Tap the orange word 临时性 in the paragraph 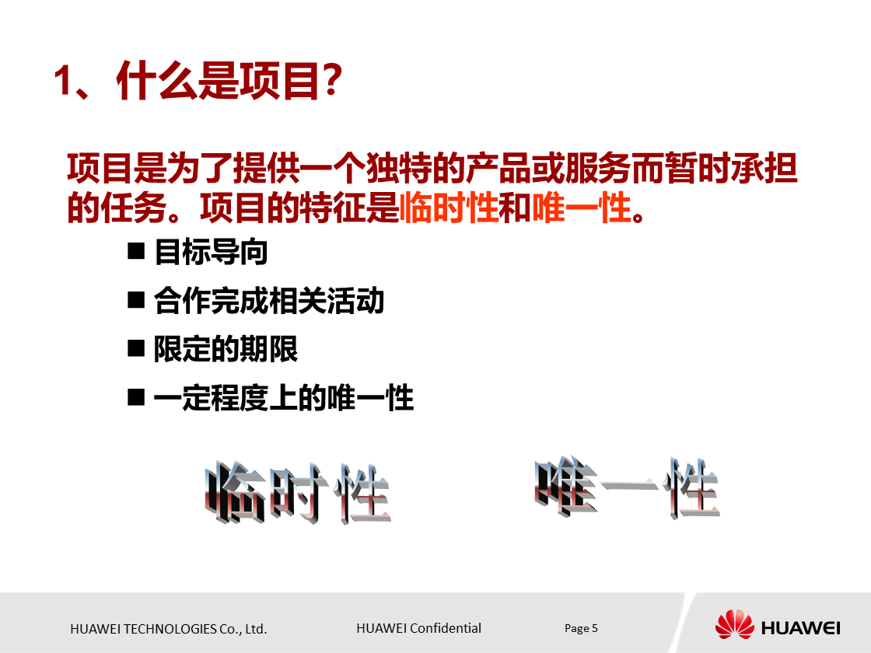pos(448,208)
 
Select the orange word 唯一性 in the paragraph pos(581,208)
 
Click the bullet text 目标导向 pos(211,253)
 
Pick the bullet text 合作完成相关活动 pos(269,301)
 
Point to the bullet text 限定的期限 pos(226,349)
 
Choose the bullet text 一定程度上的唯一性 pos(283,398)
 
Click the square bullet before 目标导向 pos(137,252)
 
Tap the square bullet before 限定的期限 pos(137,348)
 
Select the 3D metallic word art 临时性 pos(298,493)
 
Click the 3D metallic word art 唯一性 pos(627,489)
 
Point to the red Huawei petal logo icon pos(734,625)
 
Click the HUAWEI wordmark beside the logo pos(801,627)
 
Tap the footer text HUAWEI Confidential pos(418,628)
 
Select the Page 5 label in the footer pos(581,628)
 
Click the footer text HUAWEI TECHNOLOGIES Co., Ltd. pos(168,629)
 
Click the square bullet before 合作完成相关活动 pos(137,300)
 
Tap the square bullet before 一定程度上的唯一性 pos(137,397)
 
